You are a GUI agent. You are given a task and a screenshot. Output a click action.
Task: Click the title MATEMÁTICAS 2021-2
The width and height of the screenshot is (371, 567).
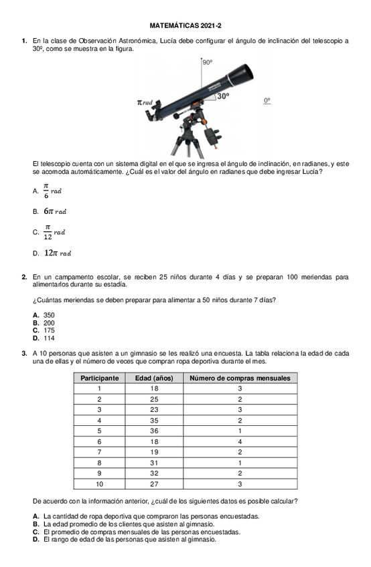[x=185, y=25]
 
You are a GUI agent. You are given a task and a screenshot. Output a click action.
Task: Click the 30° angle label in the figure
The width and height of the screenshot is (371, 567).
[x=223, y=96]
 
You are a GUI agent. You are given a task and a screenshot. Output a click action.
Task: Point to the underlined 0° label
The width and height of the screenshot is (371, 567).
[x=267, y=101]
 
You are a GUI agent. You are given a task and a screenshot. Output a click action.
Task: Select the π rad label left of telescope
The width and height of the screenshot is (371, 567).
[x=145, y=102]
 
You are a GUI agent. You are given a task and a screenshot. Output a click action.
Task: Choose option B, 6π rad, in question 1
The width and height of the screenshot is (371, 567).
[x=55, y=211]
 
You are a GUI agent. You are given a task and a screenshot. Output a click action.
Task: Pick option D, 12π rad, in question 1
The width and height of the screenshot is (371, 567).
[x=58, y=253]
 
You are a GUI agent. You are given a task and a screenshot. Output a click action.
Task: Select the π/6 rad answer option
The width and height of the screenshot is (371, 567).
[x=52, y=191]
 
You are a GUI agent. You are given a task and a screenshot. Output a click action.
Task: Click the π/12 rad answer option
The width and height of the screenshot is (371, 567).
[x=54, y=232]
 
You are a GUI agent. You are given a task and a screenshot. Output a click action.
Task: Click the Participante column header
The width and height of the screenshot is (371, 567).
[x=100, y=378]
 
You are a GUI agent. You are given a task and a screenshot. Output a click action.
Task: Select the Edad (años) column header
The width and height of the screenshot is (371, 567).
[x=154, y=378]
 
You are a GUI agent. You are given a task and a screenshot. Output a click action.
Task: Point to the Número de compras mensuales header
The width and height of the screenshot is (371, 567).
[x=240, y=378]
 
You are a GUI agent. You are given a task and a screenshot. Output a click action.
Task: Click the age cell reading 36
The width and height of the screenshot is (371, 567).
[x=154, y=431]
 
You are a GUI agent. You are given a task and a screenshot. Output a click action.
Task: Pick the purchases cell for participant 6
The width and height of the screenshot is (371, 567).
[x=240, y=442]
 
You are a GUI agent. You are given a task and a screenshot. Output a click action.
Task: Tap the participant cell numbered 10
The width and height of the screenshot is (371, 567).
[x=100, y=484]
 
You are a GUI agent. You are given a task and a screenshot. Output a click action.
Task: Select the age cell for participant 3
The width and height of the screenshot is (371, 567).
[x=154, y=410]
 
